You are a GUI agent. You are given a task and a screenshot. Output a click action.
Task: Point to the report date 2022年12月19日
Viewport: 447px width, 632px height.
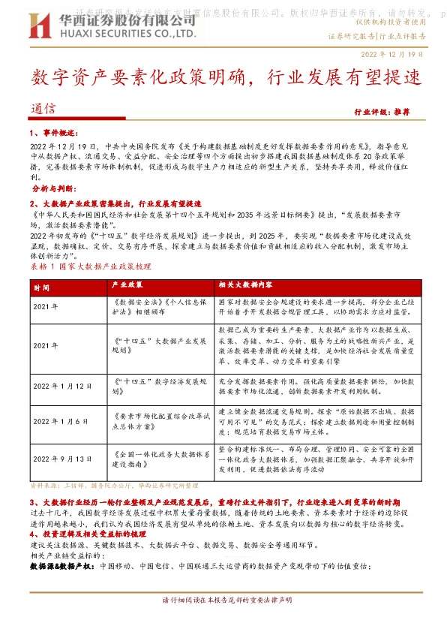(x=392, y=55)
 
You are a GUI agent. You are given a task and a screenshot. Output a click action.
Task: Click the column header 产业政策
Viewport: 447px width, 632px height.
(x=127, y=286)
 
